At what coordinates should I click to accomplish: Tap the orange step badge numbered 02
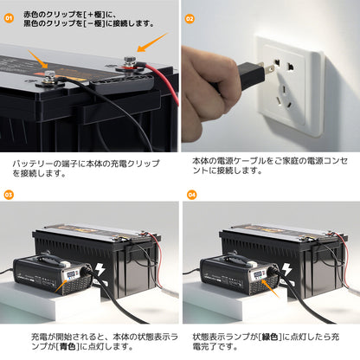(x=190, y=16)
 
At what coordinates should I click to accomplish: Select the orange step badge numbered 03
(x=9, y=196)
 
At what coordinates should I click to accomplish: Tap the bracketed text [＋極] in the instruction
(x=98, y=13)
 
